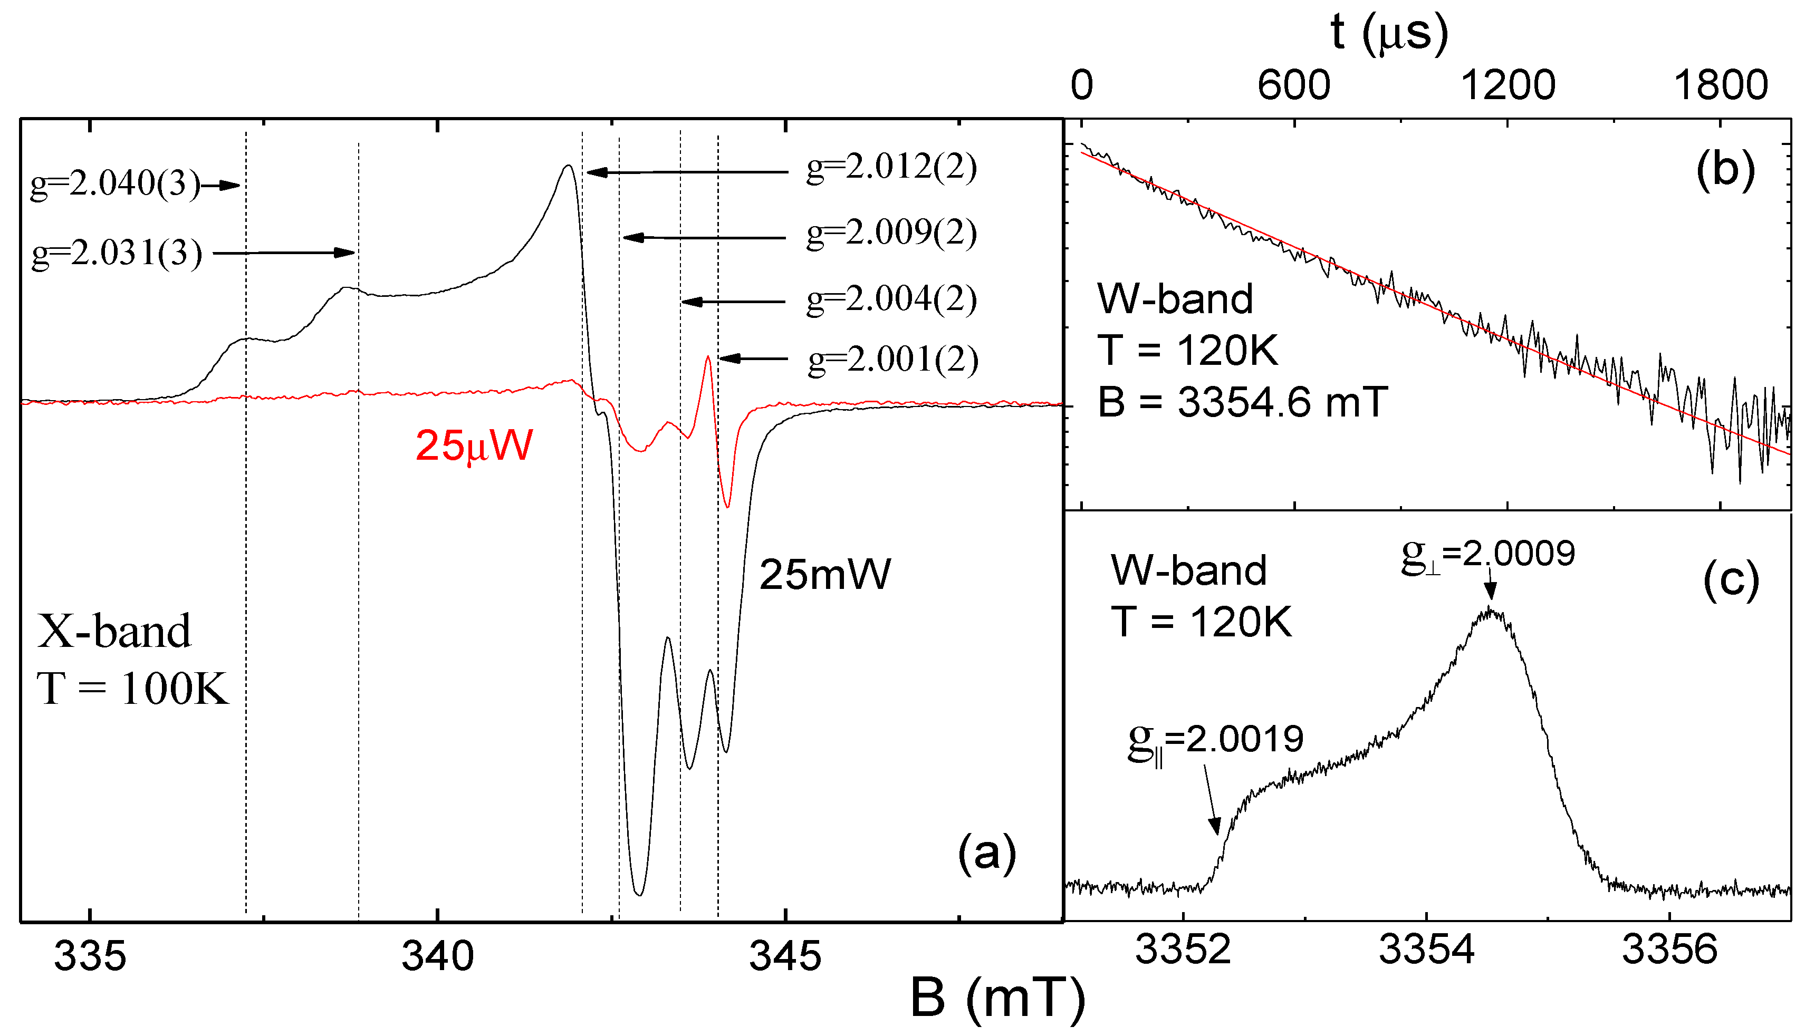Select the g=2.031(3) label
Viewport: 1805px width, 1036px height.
pyautogui.click(x=117, y=253)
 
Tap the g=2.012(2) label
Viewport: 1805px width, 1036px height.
pyautogui.click(x=891, y=168)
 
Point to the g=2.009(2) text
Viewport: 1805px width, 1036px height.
pyautogui.click(x=891, y=234)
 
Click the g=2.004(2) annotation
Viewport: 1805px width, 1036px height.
pyautogui.click(x=891, y=299)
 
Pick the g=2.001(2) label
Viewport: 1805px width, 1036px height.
pyautogui.click(x=892, y=360)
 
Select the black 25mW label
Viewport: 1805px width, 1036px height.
pyautogui.click(x=824, y=574)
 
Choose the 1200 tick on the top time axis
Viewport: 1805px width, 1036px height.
pyautogui.click(x=1508, y=85)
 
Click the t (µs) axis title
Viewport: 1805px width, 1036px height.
pyautogui.click(x=1389, y=33)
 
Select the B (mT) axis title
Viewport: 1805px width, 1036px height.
pyautogui.click(x=997, y=998)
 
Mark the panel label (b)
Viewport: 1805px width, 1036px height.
pyautogui.click(x=1725, y=171)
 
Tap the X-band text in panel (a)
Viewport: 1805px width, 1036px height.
pyautogui.click(x=114, y=631)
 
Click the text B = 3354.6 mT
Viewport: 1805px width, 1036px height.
pyautogui.click(x=1242, y=402)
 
